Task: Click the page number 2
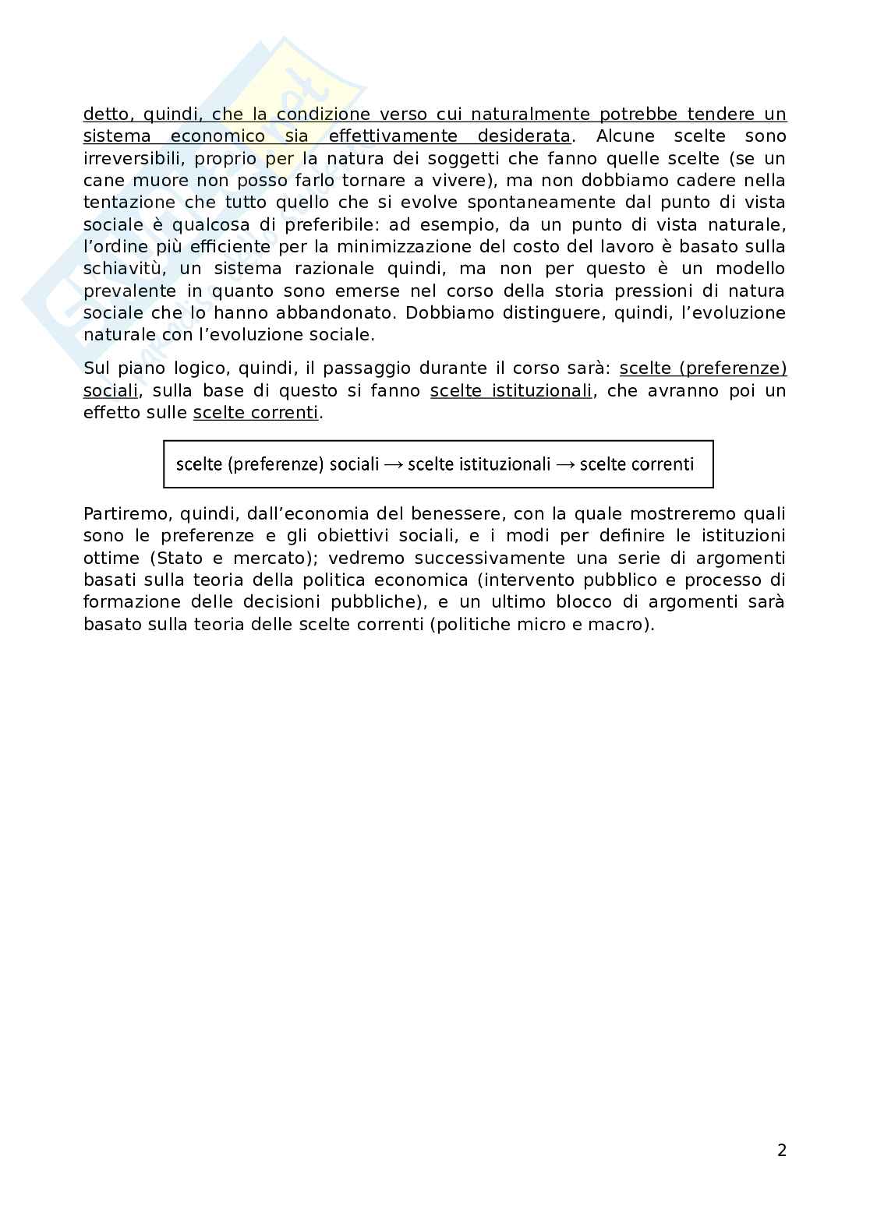[x=782, y=1150]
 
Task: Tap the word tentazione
[x=128, y=203]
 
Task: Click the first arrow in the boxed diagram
[x=394, y=464]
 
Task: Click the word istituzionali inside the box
[x=504, y=464]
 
